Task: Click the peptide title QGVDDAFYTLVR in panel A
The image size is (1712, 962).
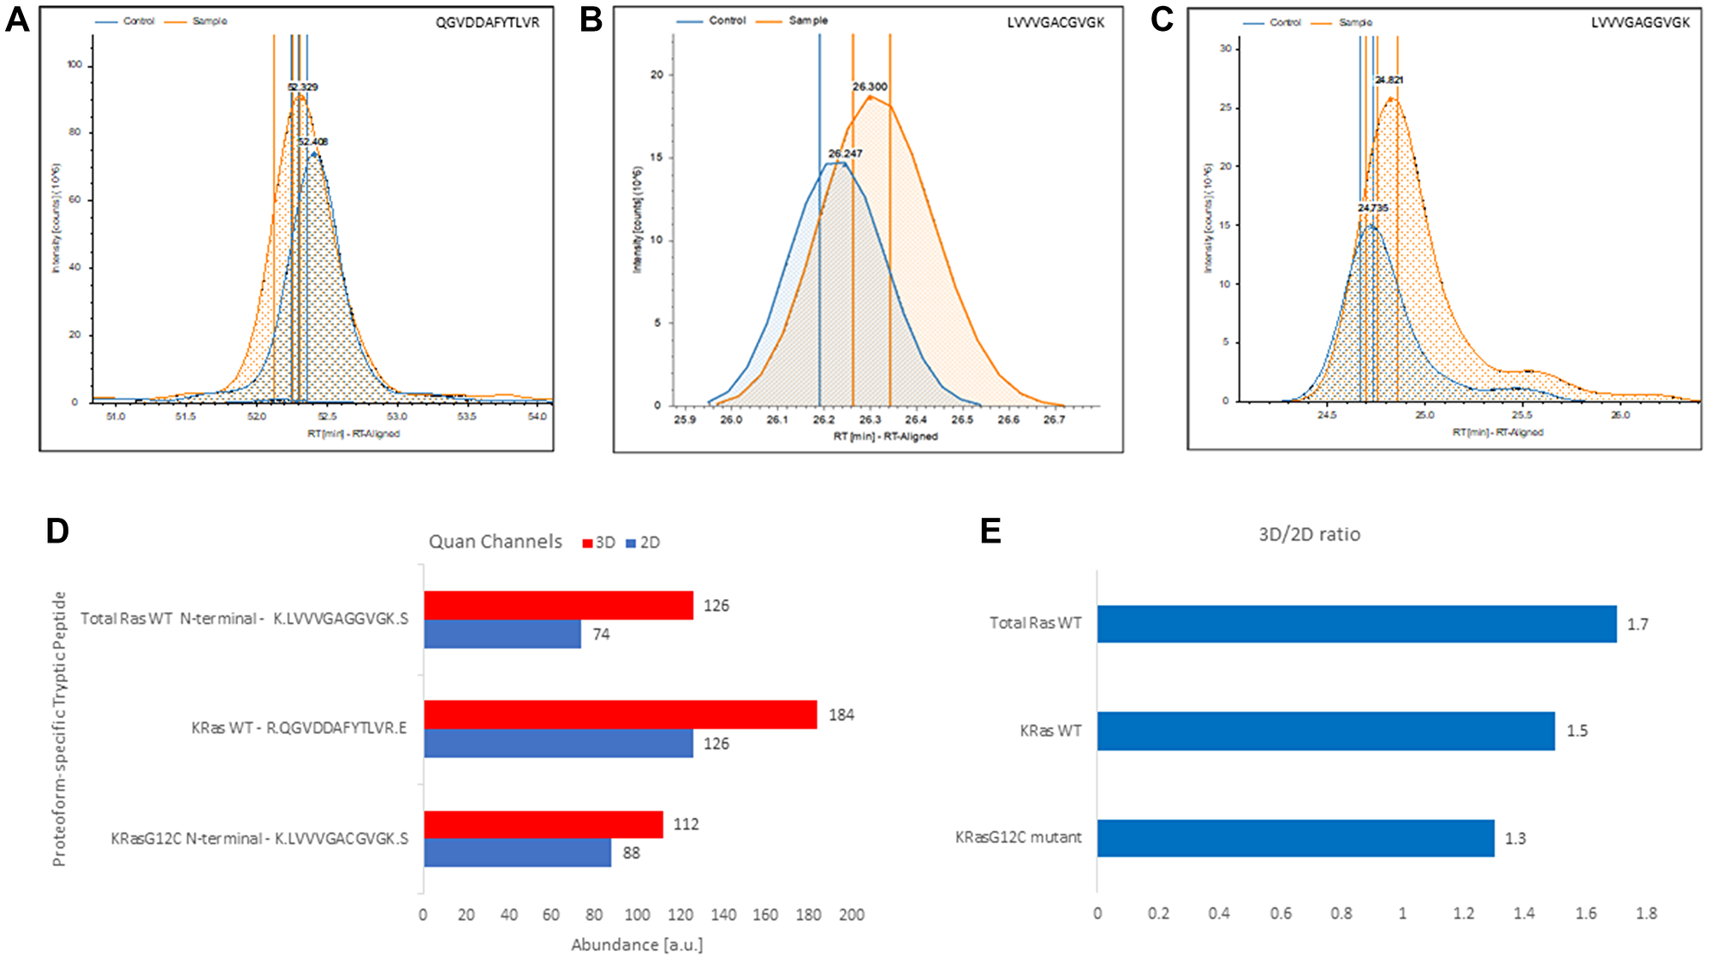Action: pyautogui.click(x=487, y=23)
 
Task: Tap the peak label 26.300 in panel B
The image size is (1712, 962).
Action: pyautogui.click(x=870, y=86)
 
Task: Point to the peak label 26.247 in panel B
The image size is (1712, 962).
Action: pyautogui.click(x=845, y=153)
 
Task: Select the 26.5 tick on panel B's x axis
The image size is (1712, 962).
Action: pyautogui.click(x=962, y=419)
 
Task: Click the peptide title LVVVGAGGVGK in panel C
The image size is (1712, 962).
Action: pyautogui.click(x=1640, y=23)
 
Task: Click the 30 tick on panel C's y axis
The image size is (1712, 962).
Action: pyautogui.click(x=1226, y=49)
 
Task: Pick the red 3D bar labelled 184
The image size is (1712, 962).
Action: pyautogui.click(x=620, y=715)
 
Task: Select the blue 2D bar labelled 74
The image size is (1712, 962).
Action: pyautogui.click(x=502, y=634)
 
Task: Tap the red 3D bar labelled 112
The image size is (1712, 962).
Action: pyautogui.click(x=543, y=824)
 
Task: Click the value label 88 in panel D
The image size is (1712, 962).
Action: pyautogui.click(x=631, y=853)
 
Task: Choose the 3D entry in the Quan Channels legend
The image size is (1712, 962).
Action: pyautogui.click(x=599, y=543)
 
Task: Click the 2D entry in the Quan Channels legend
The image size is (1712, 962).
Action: pyautogui.click(x=644, y=543)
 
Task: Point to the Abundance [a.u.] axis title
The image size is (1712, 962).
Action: pyautogui.click(x=637, y=945)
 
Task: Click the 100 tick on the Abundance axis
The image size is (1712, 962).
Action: pyautogui.click(x=637, y=915)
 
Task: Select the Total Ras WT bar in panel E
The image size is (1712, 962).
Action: pyautogui.click(x=1356, y=624)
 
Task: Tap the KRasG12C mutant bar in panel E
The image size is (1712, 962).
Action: pyautogui.click(x=1295, y=838)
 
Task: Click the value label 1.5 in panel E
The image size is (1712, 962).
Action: pyautogui.click(x=1577, y=731)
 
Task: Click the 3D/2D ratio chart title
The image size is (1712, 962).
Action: pyautogui.click(x=1309, y=535)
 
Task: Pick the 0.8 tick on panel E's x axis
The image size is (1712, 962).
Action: pyautogui.click(x=1341, y=913)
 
